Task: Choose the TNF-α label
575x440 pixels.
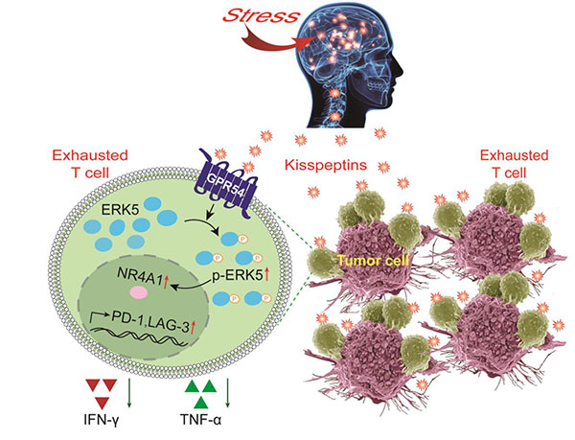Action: coord(206,418)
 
